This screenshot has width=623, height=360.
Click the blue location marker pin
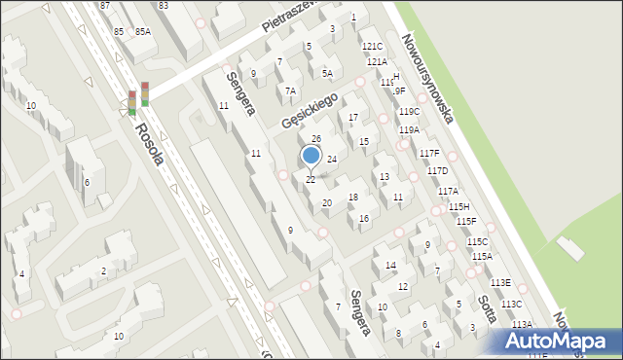[x=311, y=156]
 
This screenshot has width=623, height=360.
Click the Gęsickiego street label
[x=309, y=110]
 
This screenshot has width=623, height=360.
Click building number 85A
[x=143, y=31]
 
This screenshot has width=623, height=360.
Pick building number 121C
[x=372, y=47]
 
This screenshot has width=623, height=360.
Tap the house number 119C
[x=409, y=112]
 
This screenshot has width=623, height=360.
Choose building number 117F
[x=429, y=154]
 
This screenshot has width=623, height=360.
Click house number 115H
[x=459, y=206]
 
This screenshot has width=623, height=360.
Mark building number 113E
[x=500, y=282]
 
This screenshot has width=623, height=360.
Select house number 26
[x=316, y=139]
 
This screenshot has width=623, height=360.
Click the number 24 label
[x=331, y=159]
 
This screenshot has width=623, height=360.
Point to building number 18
[x=353, y=198]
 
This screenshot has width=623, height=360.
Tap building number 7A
[x=290, y=90]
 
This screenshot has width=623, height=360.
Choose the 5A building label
[x=328, y=73]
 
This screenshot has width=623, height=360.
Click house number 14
[x=390, y=265]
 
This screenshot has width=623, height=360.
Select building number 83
[x=163, y=6]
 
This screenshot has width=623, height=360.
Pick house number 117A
[x=448, y=192]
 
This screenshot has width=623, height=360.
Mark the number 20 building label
[x=327, y=203]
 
